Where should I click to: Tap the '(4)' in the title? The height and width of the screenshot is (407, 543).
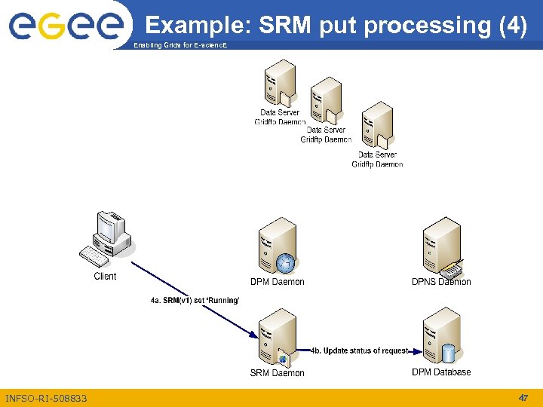tap(513, 25)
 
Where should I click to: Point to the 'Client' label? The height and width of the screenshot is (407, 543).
tap(105, 277)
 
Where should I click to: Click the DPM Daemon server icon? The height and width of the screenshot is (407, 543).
tap(278, 246)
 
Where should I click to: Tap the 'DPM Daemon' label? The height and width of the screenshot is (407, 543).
tap(278, 282)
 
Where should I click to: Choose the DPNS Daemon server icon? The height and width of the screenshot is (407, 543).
tap(442, 246)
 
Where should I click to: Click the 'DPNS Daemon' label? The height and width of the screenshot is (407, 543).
tap(441, 282)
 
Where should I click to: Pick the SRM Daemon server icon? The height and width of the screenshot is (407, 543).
tap(277, 337)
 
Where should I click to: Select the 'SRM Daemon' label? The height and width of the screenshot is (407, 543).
tap(278, 373)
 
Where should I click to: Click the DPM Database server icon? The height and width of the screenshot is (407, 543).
tap(442, 336)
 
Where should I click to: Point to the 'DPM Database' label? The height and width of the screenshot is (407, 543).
tap(441, 372)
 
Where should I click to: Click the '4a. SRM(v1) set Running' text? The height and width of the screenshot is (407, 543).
tap(195, 301)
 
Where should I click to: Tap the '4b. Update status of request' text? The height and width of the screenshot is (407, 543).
tap(360, 350)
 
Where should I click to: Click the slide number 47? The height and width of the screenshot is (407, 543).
tap(523, 397)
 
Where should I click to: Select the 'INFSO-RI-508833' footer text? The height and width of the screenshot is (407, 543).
tap(46, 398)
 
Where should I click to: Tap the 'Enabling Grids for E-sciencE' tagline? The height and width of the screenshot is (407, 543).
tap(180, 46)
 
